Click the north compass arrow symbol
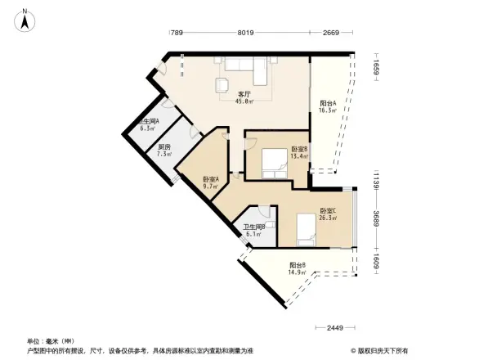(x=26, y=19)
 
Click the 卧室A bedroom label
(x=211, y=182)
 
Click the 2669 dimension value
(x=330, y=34)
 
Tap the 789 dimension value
(x=175, y=34)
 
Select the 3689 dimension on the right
(x=378, y=218)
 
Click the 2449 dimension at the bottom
(x=333, y=328)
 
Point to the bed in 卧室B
(x=273, y=164)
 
